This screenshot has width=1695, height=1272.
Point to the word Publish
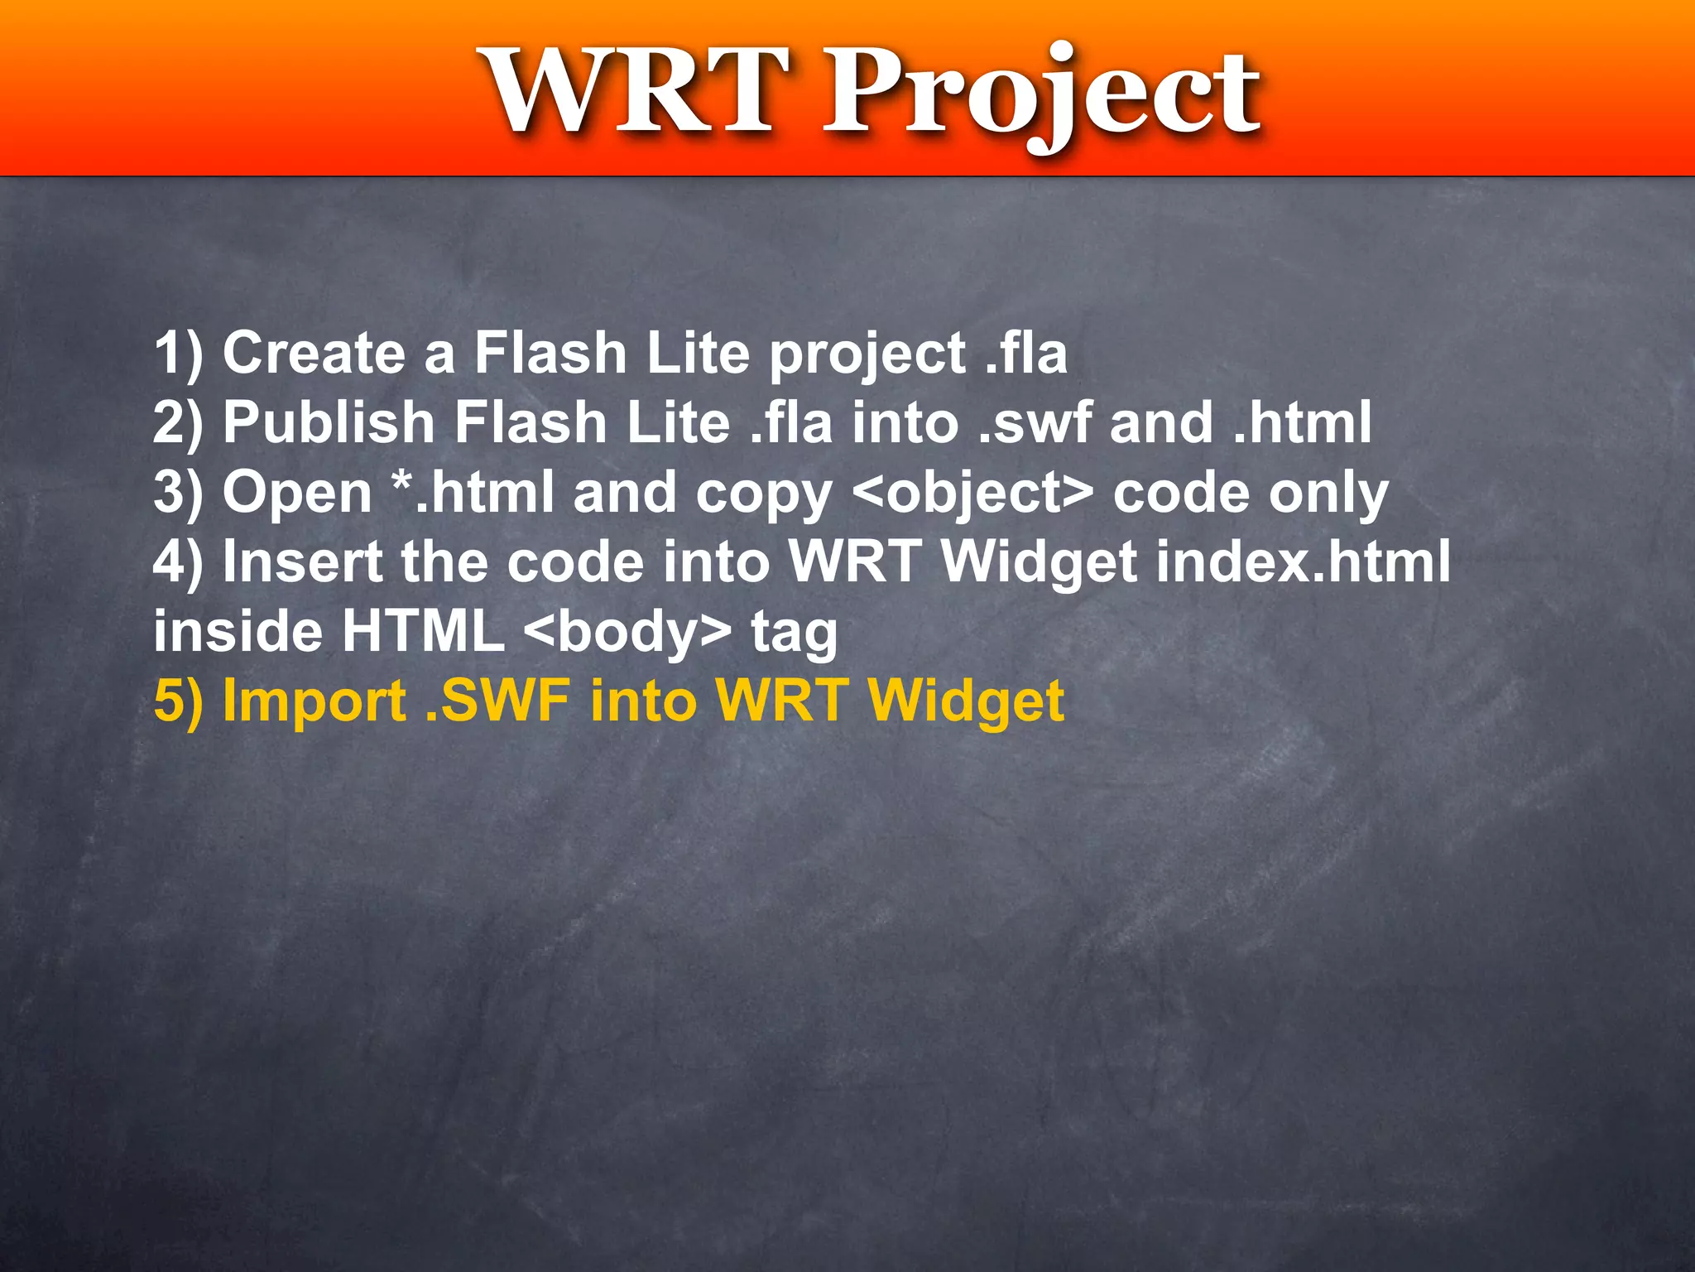[x=328, y=422]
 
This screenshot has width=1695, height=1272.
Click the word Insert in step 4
[x=302, y=561]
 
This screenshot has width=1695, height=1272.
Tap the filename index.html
[x=1302, y=561]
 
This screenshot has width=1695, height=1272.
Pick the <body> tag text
[x=627, y=631]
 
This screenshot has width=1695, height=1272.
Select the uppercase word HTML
[x=422, y=631]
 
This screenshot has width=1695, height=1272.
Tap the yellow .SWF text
[x=497, y=701]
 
